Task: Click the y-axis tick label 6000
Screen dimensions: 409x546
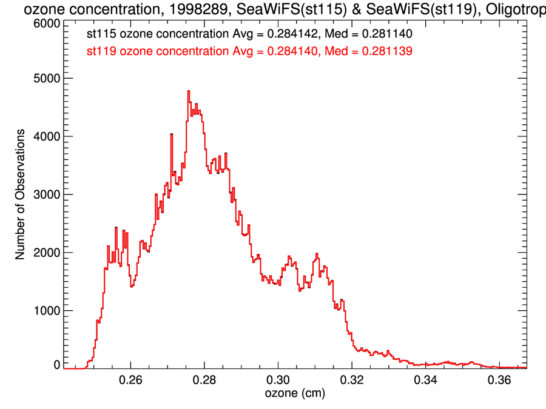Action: (x=46, y=23)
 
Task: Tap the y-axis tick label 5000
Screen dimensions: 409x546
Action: (x=46, y=78)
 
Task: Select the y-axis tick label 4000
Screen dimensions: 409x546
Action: (x=46, y=136)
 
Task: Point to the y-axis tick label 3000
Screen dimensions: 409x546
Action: (x=46, y=195)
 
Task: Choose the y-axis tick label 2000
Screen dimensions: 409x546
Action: (x=46, y=253)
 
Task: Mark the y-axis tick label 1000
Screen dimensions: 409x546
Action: (x=46, y=311)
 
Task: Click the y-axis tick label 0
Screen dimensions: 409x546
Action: (x=56, y=365)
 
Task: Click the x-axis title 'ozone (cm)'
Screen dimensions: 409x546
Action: (x=295, y=394)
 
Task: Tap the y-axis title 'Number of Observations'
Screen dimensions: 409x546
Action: (x=20, y=195)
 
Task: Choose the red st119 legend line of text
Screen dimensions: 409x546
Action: (x=249, y=52)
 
